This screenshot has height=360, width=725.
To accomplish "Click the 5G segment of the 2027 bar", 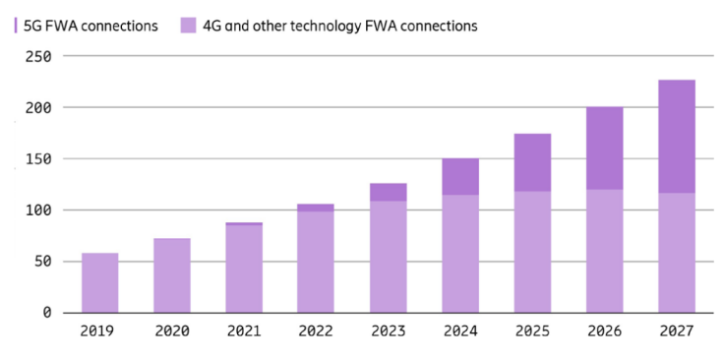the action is pos(677,137).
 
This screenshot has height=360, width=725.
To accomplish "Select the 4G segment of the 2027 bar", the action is pos(677,253).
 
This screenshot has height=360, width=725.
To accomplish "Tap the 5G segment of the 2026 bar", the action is pos(604,149).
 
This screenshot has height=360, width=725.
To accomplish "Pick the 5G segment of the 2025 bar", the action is pos(532,162).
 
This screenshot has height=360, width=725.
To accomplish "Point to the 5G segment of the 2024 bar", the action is pos(460,176).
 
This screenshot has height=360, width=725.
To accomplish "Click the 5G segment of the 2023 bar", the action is pos(388,192).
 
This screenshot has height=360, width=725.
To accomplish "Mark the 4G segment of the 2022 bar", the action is pos(316,263).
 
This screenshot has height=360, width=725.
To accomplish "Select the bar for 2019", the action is pos(100,283).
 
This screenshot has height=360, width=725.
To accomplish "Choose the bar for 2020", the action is pos(172,275).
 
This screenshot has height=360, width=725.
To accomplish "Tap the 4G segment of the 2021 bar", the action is pos(244,269).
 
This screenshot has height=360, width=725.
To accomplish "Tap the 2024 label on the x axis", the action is pos(460,330).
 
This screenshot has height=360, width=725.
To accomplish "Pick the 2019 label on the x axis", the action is pos(97,330).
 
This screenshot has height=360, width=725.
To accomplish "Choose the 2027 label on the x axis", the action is pos(677,330).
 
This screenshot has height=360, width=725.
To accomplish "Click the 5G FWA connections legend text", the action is pos(91,26).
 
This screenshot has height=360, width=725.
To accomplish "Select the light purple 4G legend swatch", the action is pos(189,26).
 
